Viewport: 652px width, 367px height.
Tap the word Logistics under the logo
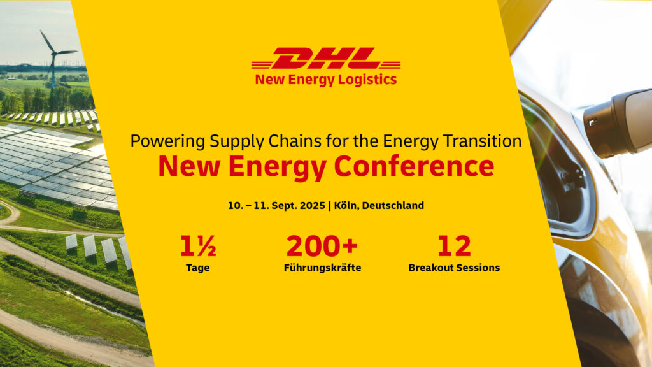(368, 80)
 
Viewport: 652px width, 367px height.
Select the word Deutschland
(393, 206)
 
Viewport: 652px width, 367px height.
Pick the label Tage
(198, 268)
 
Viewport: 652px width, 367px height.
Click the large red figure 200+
(322, 247)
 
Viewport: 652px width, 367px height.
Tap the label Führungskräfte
(322, 268)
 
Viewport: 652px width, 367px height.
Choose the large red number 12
(454, 247)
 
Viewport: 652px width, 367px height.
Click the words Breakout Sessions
(454, 268)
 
